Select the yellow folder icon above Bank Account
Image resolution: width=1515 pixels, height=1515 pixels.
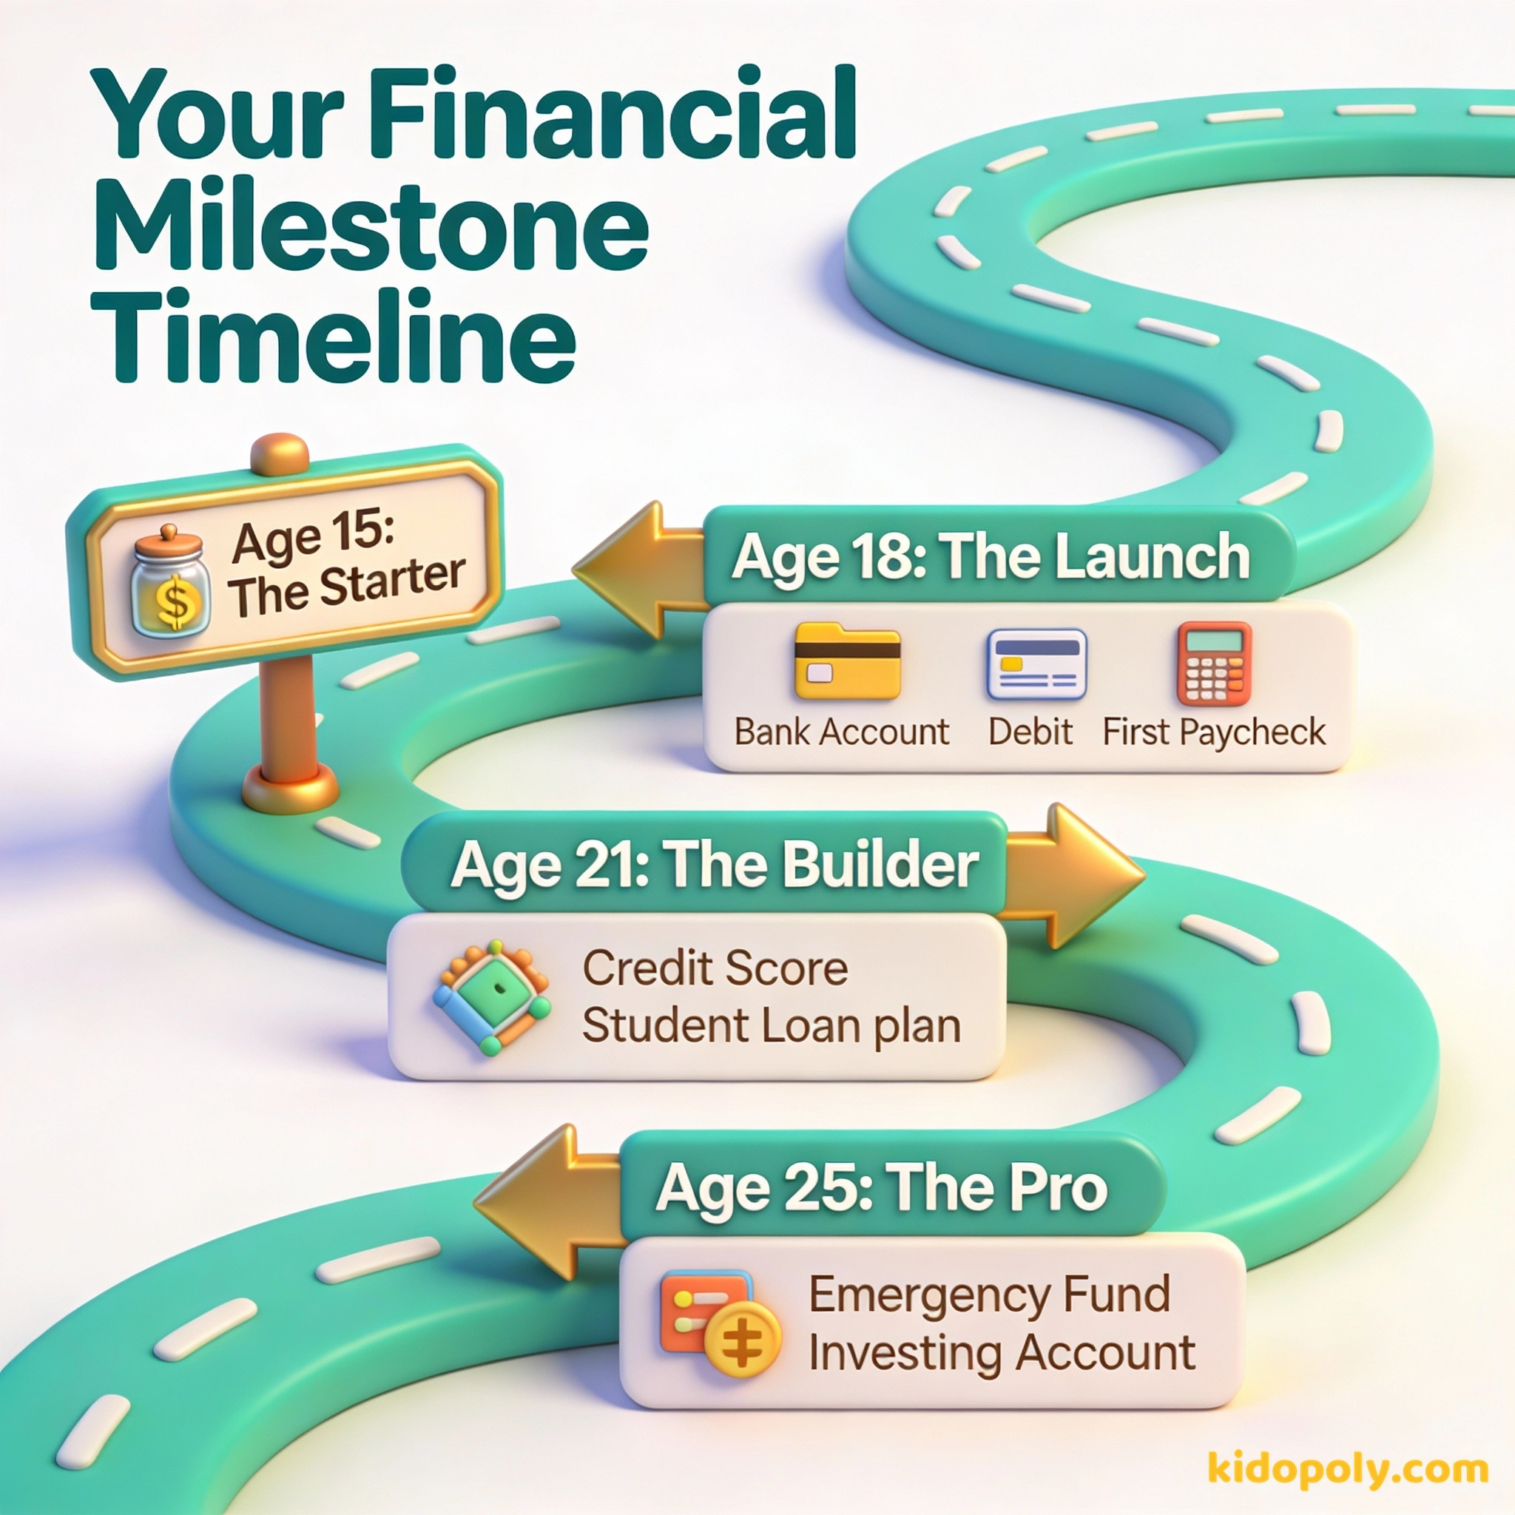click(846, 661)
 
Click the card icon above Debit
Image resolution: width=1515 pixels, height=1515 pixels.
click(1036, 664)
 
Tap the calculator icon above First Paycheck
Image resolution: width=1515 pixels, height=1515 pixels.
click(1213, 664)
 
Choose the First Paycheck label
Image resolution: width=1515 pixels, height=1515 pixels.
click(1213, 732)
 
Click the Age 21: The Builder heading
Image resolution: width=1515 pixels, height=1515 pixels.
click(714, 864)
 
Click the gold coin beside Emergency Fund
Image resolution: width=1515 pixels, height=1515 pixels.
click(742, 1340)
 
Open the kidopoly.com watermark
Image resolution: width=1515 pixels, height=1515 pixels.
click(1347, 1468)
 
